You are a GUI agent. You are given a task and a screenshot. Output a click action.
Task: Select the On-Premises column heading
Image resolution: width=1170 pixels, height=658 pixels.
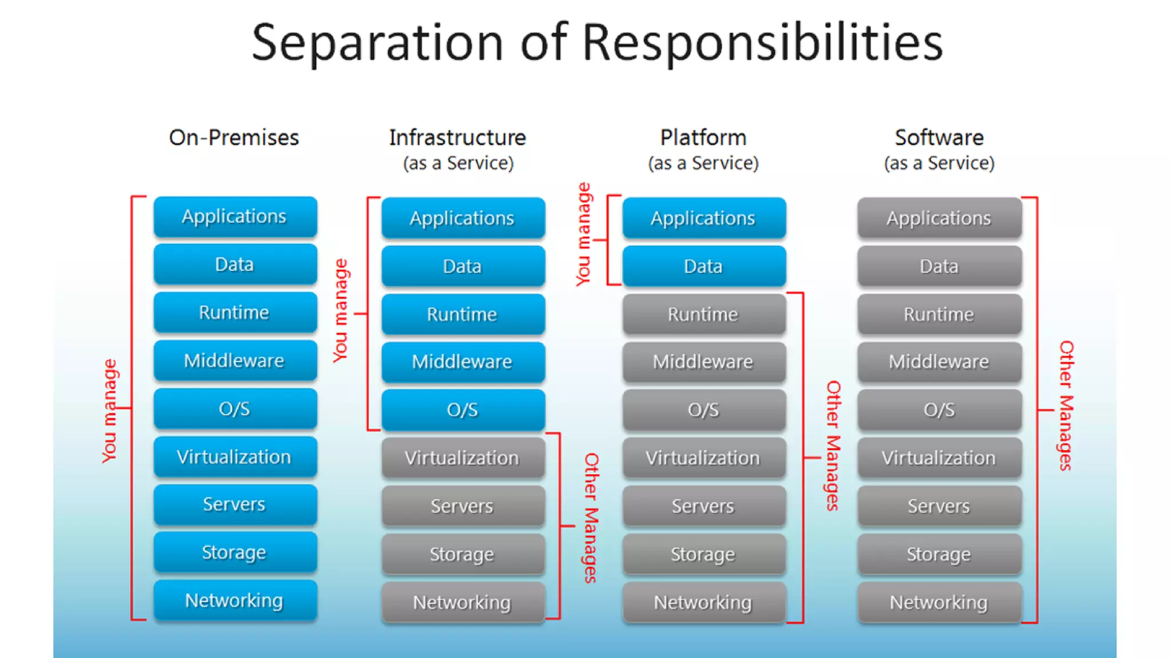[x=234, y=138]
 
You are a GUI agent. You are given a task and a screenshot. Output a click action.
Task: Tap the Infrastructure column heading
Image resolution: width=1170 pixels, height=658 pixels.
[x=457, y=138]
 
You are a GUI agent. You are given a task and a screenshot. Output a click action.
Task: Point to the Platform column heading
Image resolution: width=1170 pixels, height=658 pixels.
[x=703, y=138]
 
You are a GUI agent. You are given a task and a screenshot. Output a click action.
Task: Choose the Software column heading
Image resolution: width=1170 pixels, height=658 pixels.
[x=939, y=138]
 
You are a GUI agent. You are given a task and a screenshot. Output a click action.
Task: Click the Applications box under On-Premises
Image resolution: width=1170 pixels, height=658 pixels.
[x=235, y=216]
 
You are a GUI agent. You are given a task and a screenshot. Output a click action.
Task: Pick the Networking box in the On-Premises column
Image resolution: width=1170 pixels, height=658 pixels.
[x=235, y=600]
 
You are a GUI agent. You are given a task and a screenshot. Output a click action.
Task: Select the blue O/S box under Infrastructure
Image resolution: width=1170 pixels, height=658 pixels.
[x=463, y=410]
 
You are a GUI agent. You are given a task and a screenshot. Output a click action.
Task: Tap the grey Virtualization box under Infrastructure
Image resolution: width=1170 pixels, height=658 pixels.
[x=463, y=458]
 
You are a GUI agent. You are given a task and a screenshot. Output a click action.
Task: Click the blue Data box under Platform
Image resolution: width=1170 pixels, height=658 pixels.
[x=704, y=266]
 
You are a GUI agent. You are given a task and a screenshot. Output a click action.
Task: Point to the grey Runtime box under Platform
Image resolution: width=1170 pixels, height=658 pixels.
[x=704, y=314]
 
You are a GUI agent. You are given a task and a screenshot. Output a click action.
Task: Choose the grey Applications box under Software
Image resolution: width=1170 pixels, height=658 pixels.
[x=939, y=218]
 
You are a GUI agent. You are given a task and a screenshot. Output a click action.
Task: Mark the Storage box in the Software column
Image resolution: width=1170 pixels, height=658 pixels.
[x=939, y=554]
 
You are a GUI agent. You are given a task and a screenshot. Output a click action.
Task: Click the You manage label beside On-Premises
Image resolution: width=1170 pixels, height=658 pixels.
[x=109, y=411]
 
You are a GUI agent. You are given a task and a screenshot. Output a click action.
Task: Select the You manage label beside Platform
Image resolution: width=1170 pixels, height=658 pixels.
[x=583, y=234]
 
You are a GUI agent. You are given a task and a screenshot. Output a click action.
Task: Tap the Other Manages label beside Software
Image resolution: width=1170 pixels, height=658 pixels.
[x=1066, y=406]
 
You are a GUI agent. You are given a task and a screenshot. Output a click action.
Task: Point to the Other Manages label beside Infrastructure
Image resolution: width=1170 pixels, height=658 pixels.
[x=591, y=517]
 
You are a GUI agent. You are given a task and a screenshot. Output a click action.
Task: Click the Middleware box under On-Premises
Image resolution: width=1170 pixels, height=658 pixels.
[x=235, y=360]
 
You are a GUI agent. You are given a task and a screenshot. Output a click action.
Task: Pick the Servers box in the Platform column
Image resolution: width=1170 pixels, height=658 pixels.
[x=704, y=506]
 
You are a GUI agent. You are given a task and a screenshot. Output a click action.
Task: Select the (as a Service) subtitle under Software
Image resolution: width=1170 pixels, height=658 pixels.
[x=939, y=163]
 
